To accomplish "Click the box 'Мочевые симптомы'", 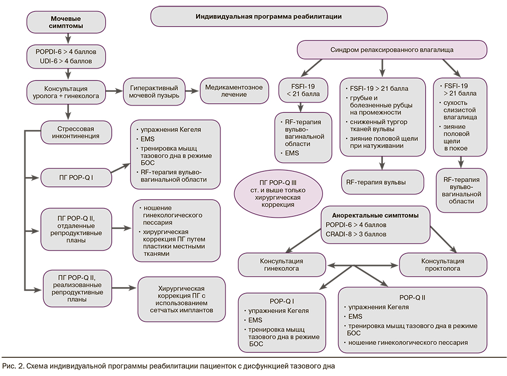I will [66, 21].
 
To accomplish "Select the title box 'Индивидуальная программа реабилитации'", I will [269, 16].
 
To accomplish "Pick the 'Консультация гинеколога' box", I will [283, 265].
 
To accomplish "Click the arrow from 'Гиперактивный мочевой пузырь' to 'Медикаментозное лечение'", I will [193, 91].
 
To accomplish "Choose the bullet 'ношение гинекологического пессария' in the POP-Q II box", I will [407, 343].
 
